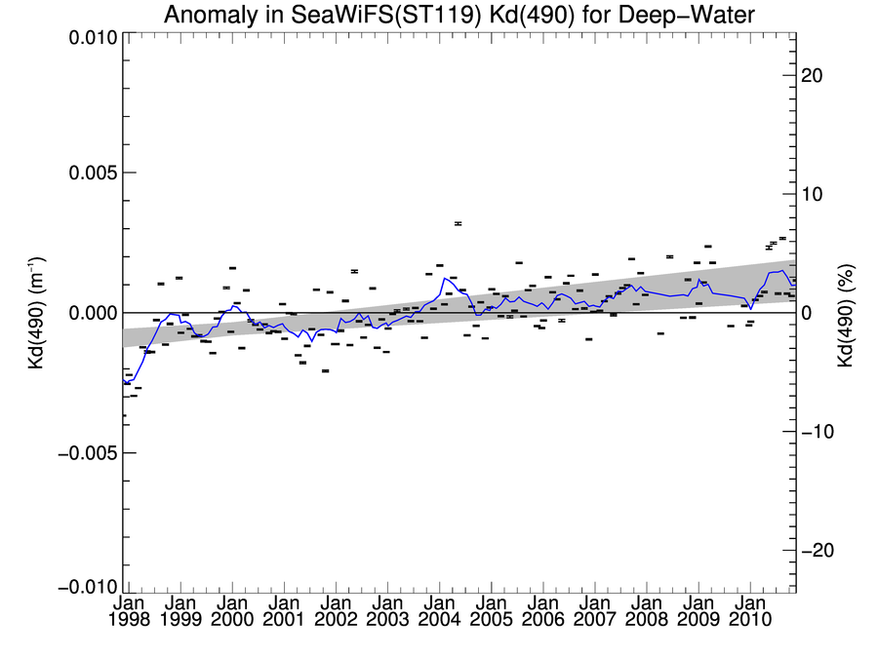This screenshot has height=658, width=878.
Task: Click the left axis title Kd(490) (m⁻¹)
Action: [39, 312]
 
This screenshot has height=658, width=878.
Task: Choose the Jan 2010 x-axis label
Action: [749, 614]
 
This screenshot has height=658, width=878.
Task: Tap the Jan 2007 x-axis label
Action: [594, 614]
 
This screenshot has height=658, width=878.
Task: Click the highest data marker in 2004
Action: [458, 223]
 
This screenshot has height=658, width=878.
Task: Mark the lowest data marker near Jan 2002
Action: [325, 371]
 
